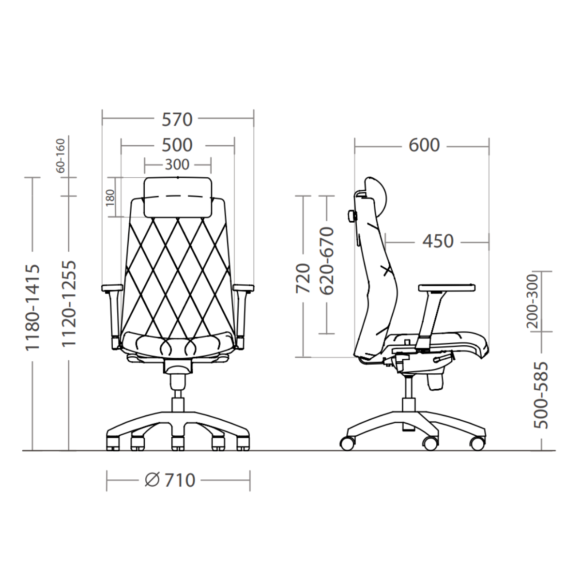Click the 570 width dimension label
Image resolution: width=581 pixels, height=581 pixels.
coord(177,120)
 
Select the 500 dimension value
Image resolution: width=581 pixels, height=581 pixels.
coord(177,145)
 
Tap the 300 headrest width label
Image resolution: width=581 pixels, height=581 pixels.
coord(177,165)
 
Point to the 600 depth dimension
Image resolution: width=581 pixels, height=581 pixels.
coord(424,145)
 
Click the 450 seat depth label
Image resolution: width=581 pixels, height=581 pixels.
coord(438,241)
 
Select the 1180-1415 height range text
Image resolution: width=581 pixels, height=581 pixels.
coord(32,308)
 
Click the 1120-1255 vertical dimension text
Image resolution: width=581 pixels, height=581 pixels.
coord(69,304)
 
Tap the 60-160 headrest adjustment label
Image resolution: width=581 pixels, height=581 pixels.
coord(61,155)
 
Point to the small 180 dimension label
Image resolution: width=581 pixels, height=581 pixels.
coord(110,198)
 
